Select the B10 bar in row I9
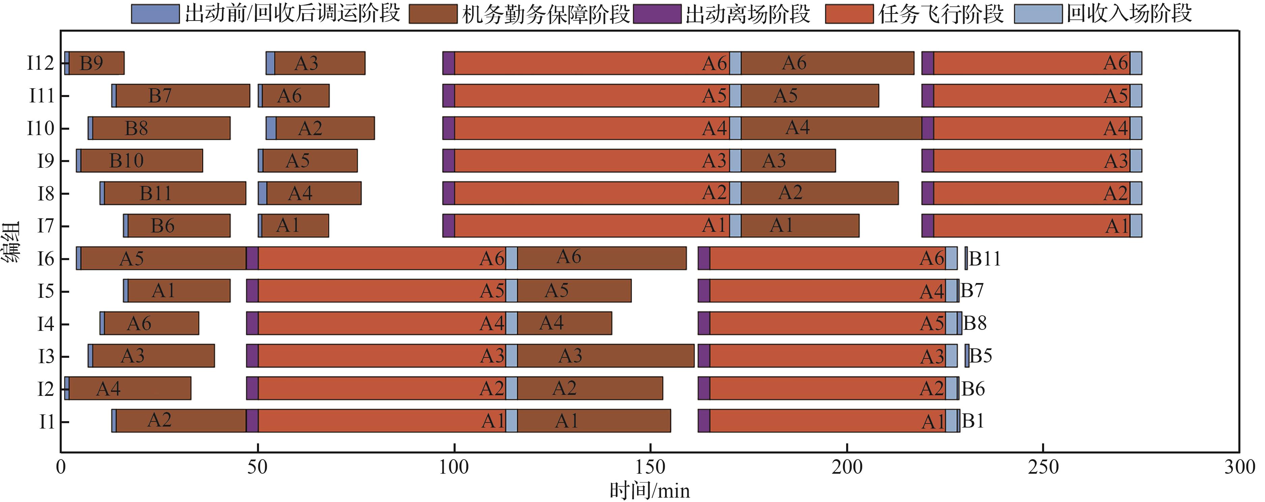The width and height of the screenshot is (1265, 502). tap(141, 160)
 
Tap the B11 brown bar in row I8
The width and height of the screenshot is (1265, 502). tap(175, 193)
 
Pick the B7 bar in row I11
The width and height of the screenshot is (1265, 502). tap(183, 96)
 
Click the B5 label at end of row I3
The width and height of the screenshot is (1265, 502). tap(980, 356)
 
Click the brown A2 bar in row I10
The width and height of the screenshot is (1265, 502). tap(325, 128)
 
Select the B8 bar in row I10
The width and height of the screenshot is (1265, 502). tap(161, 128)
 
